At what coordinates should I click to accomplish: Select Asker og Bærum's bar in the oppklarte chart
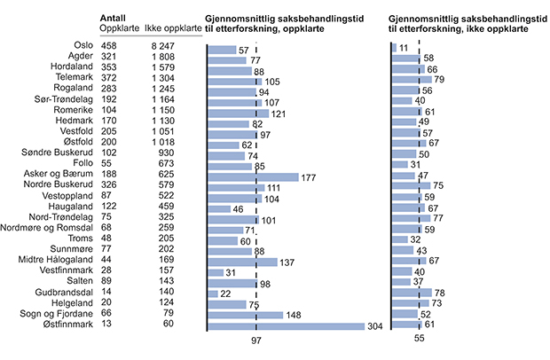(253, 176)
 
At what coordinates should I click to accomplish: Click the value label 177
(310, 176)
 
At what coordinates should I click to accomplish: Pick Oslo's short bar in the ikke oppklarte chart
(394, 46)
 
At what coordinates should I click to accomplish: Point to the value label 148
(295, 314)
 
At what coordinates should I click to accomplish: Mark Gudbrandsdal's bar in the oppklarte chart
(213, 293)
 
